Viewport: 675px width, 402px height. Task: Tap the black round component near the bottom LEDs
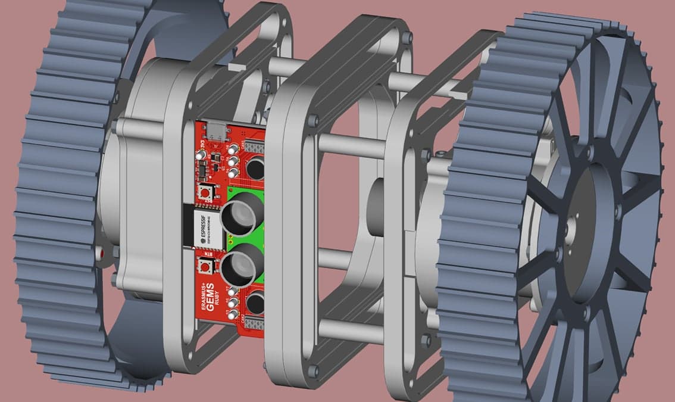pos(255,303)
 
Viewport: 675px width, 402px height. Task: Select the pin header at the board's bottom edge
pos(254,325)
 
